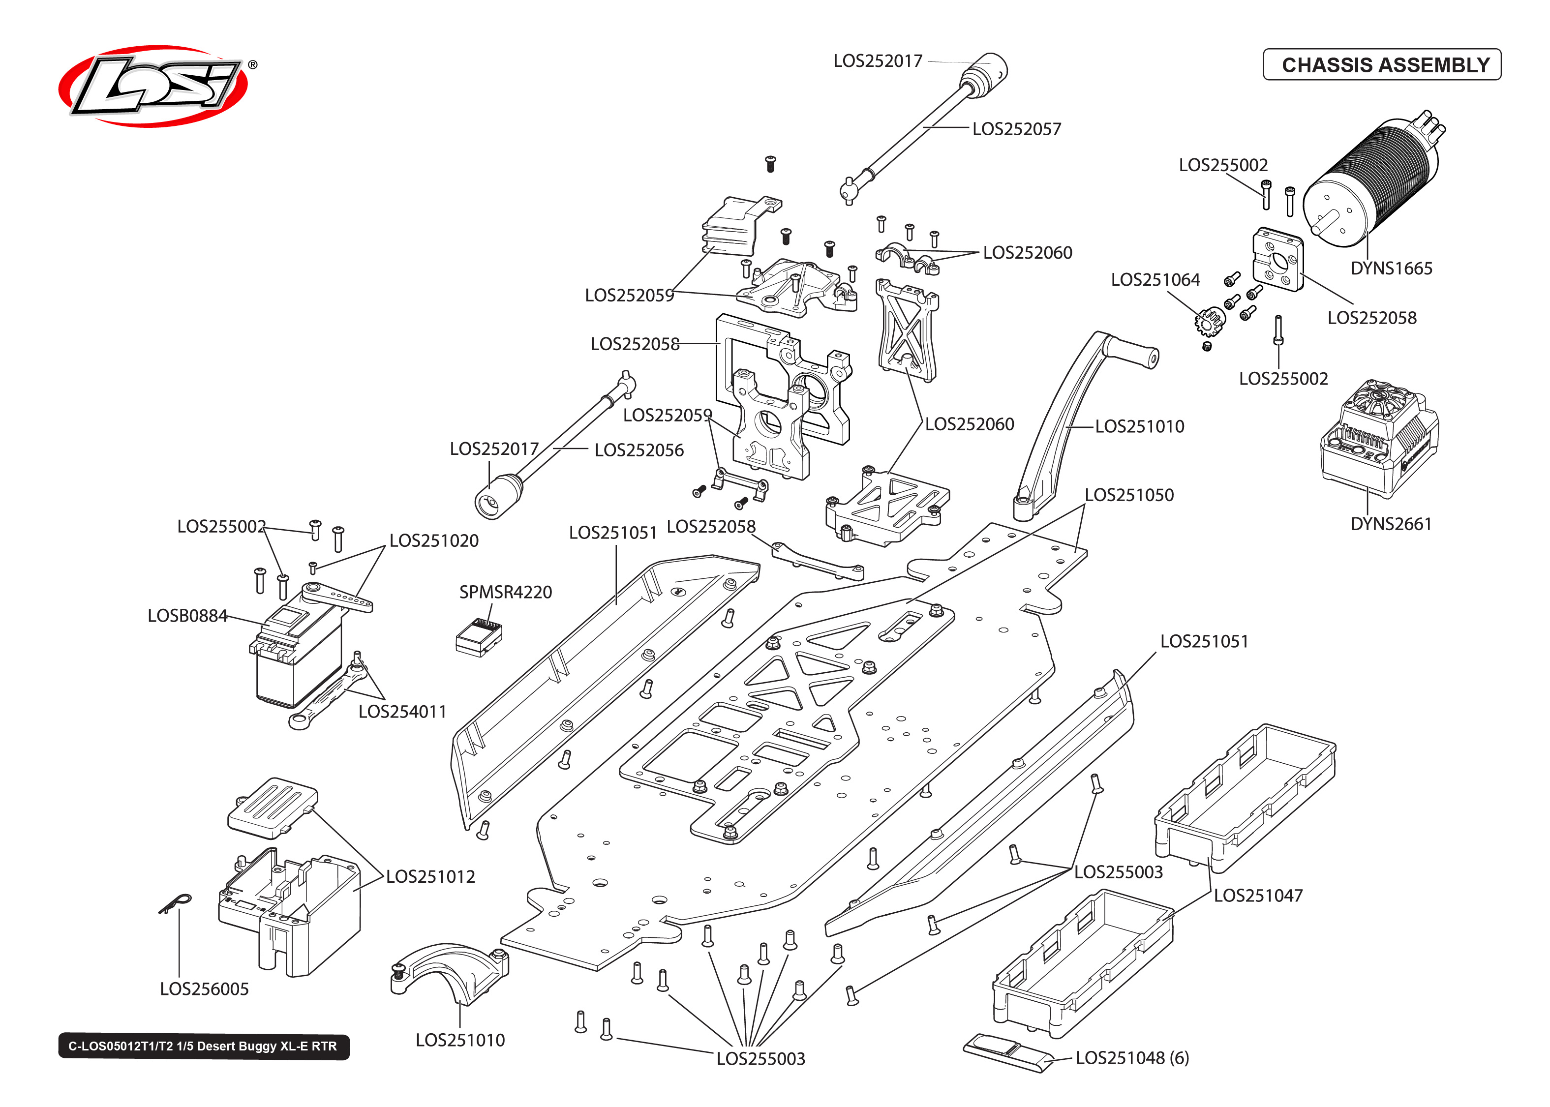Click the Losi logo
153,86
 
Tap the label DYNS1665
1391,268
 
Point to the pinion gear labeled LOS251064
1209,320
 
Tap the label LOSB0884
187,616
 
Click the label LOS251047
1258,895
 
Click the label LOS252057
1016,129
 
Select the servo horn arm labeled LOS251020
338,596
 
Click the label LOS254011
402,711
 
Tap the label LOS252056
638,450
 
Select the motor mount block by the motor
1277,260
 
